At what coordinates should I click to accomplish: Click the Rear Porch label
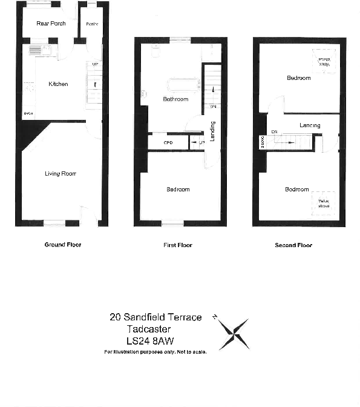tap(51, 24)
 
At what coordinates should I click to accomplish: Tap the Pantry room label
tap(92, 24)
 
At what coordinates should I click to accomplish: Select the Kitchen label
tap(58, 84)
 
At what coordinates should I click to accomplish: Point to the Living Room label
tap(61, 174)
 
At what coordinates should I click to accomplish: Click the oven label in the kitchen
tap(28, 113)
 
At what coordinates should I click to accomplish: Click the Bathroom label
tap(175, 99)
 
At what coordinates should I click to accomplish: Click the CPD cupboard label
tap(168, 143)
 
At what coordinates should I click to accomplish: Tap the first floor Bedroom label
tap(178, 190)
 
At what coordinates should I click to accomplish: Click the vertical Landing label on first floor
tap(212, 131)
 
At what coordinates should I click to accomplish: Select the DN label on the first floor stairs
tap(213, 107)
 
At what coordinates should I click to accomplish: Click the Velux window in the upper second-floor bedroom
tap(324, 60)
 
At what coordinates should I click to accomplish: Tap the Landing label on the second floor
tap(310, 125)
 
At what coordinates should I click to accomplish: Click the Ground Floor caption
tap(63, 245)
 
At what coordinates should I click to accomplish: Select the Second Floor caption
tap(293, 245)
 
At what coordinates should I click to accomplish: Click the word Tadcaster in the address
tap(147, 329)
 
